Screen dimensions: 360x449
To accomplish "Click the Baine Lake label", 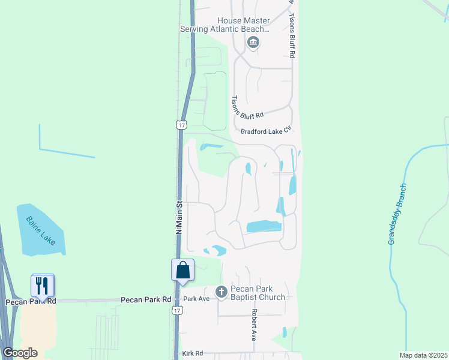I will pyautogui.click(x=40, y=230).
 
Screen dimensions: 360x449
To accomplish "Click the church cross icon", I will pyautogui.click(x=221, y=292).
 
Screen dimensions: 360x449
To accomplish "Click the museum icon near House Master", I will pyautogui.click(x=253, y=42).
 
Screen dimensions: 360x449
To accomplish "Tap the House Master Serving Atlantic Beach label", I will pyautogui.click(x=226, y=25).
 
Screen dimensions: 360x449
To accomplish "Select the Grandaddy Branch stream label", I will pyautogui.click(x=397, y=214).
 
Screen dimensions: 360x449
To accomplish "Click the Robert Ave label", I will pyautogui.click(x=255, y=325).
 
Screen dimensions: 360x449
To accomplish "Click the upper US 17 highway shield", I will pyautogui.click(x=181, y=124).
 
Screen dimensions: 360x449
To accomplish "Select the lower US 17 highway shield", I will pyautogui.click(x=176, y=310).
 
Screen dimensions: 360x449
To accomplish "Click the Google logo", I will pyautogui.click(x=20, y=353).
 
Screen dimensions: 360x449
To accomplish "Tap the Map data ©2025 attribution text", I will pyautogui.click(x=423, y=355).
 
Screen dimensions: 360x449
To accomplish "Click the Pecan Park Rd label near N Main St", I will pyautogui.click(x=146, y=299).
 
